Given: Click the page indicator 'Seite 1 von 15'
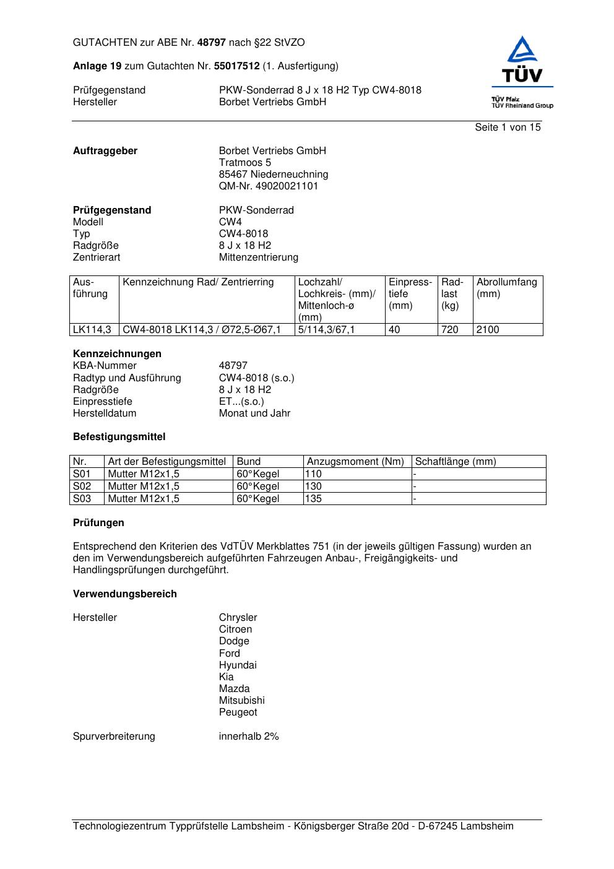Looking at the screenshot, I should point(508,128).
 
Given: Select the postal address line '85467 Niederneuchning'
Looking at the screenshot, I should point(273,175).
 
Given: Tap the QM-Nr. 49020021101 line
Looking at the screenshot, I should point(268,186).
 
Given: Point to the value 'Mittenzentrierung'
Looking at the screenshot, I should point(258,257).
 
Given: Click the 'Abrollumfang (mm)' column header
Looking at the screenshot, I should point(506,288).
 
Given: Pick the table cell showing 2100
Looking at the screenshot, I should point(488,330).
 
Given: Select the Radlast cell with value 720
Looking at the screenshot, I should point(450,330).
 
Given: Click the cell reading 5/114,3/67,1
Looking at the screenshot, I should point(326,330).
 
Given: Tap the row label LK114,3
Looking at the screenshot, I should point(92,330).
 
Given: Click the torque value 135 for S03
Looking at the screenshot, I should point(314,499).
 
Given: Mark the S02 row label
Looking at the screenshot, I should point(82,486).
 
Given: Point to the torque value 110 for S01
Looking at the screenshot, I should point(314,474).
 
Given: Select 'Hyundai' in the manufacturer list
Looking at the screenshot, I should point(237,665).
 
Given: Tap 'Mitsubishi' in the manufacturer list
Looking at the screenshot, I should point(241,701).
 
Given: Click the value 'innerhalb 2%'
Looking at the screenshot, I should point(249,737).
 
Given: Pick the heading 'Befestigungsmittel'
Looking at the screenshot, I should point(119,437).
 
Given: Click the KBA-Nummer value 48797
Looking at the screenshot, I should point(233,366).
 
